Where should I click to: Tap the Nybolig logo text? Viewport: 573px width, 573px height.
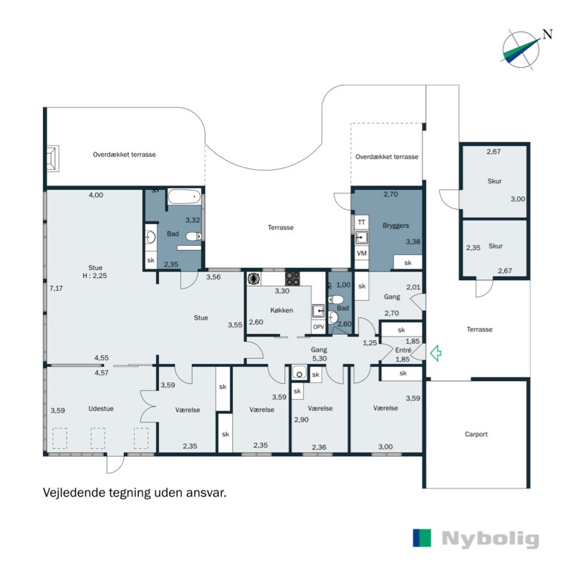tap(490, 539)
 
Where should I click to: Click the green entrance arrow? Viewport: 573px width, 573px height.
tap(435, 352)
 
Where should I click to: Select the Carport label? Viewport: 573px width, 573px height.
tap(476, 434)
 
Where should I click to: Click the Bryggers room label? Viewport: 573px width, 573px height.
tap(395, 225)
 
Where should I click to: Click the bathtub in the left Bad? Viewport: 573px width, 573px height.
tap(185, 196)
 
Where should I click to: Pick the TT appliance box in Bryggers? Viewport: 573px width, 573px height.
tap(362, 223)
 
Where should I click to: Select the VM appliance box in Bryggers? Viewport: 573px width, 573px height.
tap(362, 254)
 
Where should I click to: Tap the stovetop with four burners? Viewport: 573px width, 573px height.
tap(293, 279)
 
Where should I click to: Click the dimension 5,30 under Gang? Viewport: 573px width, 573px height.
tap(319, 359)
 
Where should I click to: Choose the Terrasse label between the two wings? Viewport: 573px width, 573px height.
tap(281, 227)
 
